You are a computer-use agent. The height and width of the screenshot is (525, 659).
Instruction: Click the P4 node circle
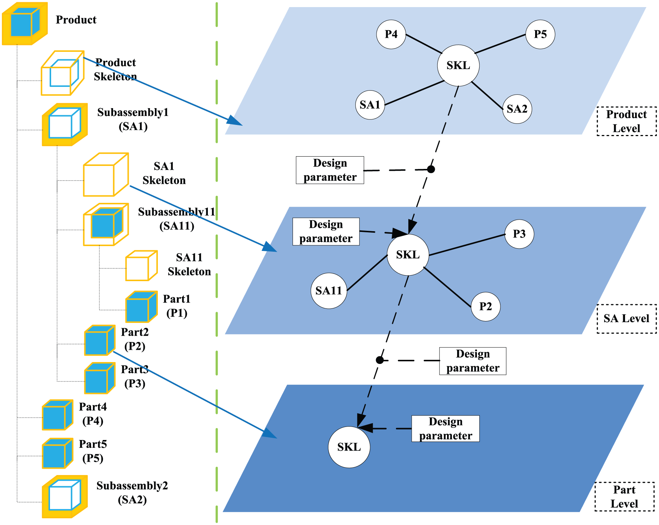click(391, 34)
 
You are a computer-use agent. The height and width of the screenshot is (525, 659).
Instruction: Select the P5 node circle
click(540, 34)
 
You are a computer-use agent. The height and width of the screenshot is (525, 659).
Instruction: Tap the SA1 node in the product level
click(370, 105)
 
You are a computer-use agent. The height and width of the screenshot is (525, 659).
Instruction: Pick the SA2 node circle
click(517, 109)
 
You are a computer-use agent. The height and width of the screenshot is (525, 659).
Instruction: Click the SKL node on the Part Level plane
click(349, 447)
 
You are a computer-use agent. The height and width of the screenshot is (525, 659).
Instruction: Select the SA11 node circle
click(329, 291)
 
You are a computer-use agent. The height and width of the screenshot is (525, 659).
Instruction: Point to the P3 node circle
click(519, 234)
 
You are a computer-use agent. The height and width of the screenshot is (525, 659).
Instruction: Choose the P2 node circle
click(485, 306)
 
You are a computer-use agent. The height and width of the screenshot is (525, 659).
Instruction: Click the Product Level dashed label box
click(627, 122)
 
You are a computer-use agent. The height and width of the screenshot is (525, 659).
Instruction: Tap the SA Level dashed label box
click(627, 319)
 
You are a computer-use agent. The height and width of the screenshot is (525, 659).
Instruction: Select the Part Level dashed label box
click(624, 497)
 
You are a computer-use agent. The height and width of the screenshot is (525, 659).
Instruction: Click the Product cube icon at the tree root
click(25, 23)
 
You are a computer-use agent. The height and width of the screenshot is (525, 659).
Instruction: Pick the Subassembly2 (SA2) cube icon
click(65, 497)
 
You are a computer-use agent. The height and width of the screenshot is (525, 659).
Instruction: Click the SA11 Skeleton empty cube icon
click(141, 265)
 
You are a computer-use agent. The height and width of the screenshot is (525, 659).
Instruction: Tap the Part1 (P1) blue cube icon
click(141, 307)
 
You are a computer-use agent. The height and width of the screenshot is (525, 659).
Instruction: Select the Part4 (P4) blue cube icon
click(57, 415)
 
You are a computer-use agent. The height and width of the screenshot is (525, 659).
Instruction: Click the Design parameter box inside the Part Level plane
click(446, 429)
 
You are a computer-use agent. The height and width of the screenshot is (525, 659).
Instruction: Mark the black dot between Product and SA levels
click(431, 169)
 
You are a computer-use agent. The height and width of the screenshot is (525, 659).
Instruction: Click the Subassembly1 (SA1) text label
click(133, 119)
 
